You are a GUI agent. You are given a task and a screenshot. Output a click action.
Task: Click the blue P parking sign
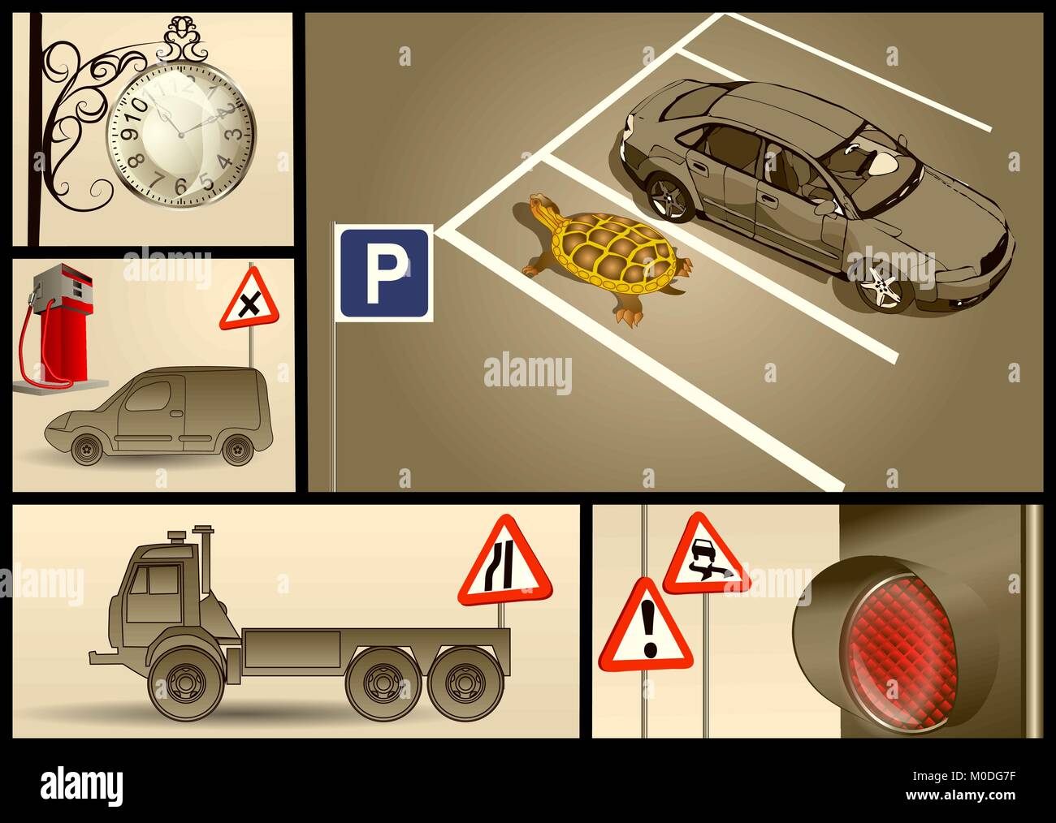tap(384, 273)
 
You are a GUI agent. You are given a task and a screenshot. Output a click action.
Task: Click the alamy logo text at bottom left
tap(81, 786)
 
